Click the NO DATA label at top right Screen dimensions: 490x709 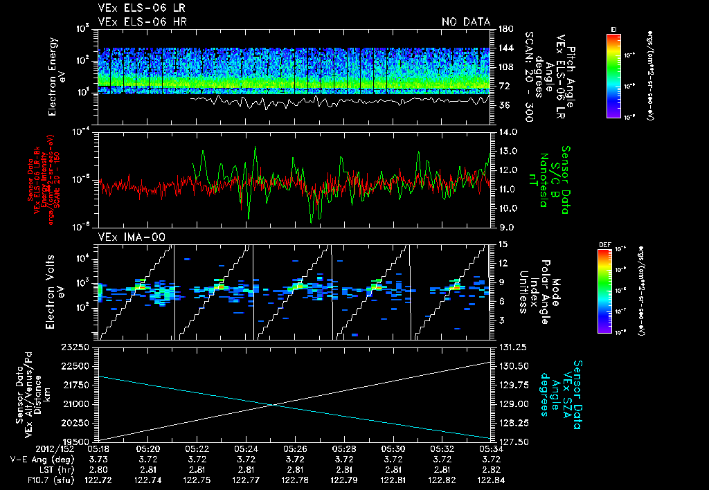465,22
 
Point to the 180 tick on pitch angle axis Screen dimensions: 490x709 505,28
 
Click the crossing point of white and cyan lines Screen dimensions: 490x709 273,405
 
